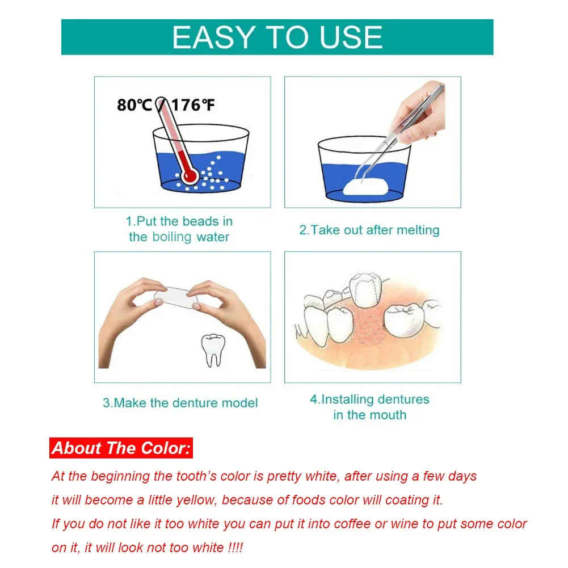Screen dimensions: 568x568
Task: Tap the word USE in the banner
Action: pos(351,37)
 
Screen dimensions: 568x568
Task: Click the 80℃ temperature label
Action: pos(134,105)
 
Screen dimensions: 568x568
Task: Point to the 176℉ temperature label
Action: pos(193,105)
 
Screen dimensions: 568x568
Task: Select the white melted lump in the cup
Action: pos(366,187)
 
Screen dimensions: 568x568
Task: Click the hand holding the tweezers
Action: pos(420,112)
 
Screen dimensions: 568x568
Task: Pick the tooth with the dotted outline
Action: pos(366,291)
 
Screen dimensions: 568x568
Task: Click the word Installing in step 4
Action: pos(347,399)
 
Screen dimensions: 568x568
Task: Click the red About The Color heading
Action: pos(121,448)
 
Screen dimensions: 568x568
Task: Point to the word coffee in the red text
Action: pos(354,524)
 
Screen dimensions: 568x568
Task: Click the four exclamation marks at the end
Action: pos(235,548)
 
